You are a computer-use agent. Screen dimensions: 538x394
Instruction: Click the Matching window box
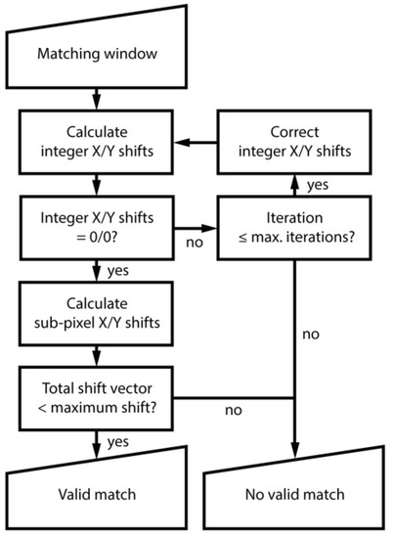(x=96, y=54)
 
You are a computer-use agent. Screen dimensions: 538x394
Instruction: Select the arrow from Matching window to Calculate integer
(x=96, y=98)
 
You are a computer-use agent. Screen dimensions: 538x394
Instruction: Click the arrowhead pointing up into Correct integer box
(x=294, y=178)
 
